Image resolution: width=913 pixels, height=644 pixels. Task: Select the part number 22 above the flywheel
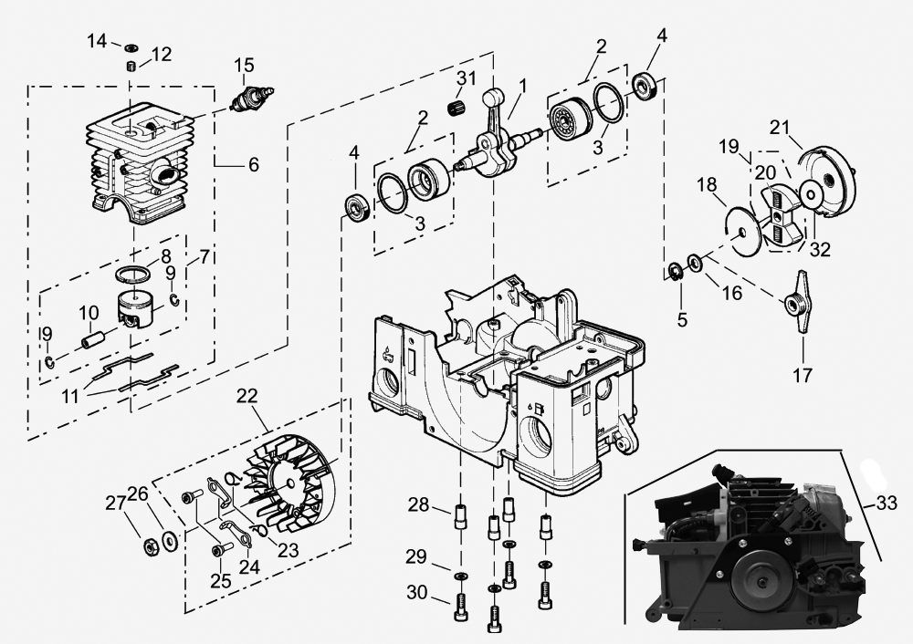247,396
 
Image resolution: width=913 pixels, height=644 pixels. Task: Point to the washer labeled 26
168,540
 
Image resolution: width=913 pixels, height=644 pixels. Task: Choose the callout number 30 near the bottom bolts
416,593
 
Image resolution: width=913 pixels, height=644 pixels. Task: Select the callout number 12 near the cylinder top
161,54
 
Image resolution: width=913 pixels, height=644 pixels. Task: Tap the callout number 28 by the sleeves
417,504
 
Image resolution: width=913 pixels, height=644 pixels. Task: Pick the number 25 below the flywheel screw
219,581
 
